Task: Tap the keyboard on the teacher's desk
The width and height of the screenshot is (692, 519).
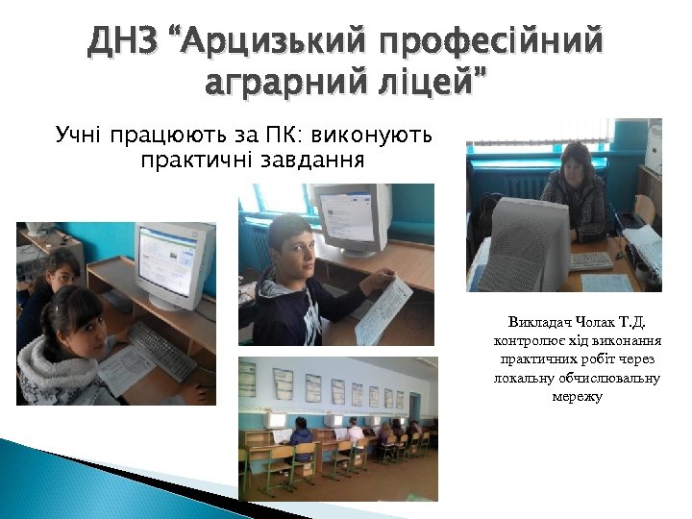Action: pyautogui.click(x=590, y=260)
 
